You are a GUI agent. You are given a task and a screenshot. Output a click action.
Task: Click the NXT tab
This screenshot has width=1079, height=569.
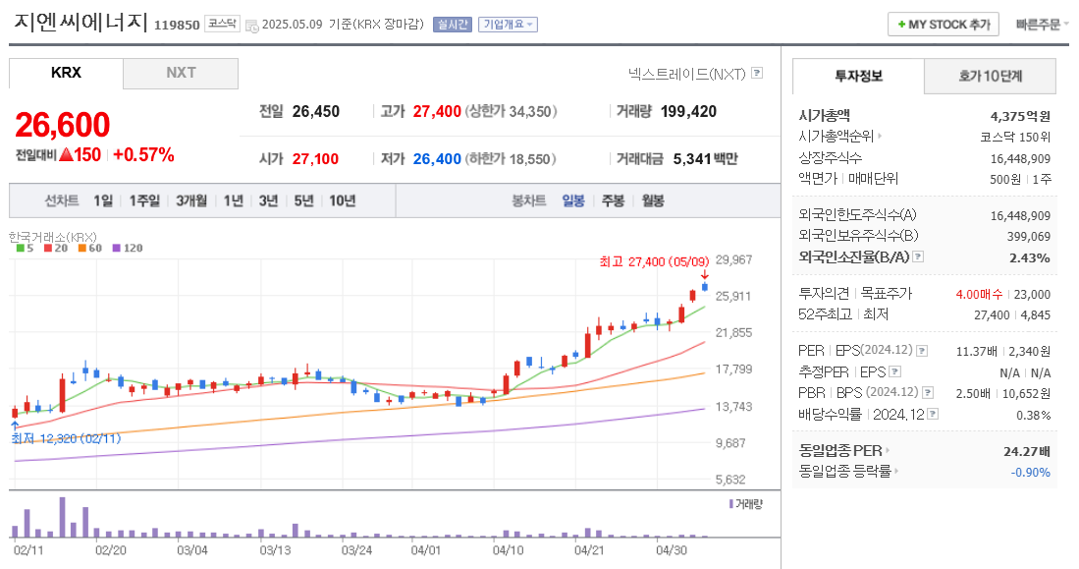pyautogui.click(x=181, y=73)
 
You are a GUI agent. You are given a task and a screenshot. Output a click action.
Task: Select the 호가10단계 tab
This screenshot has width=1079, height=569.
pyautogui.click(x=990, y=76)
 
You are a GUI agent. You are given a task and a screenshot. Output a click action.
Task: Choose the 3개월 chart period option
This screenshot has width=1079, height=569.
pyautogui.click(x=191, y=200)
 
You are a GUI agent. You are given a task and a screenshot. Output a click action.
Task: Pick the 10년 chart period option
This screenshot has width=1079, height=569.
pyautogui.click(x=343, y=200)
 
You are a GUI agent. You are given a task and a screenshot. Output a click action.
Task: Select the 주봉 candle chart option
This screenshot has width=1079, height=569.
pyautogui.click(x=613, y=200)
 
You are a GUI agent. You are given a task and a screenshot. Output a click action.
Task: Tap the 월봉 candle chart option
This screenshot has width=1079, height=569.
pyautogui.click(x=652, y=200)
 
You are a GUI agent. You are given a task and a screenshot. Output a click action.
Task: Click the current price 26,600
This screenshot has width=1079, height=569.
pyautogui.click(x=62, y=125)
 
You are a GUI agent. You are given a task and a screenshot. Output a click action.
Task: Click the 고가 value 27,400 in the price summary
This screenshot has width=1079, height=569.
pyautogui.click(x=437, y=111)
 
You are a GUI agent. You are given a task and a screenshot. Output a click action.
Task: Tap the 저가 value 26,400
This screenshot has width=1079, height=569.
pyautogui.click(x=437, y=158)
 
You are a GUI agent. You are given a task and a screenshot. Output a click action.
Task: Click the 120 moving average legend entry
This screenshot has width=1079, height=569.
pyautogui.click(x=128, y=248)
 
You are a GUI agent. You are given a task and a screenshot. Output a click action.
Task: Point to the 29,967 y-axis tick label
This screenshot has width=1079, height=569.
pyautogui.click(x=733, y=259)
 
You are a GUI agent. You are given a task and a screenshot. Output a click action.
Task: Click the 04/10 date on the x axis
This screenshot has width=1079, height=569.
pyautogui.click(x=508, y=550)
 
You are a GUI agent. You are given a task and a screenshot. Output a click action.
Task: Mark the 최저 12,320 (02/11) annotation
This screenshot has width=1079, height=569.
pyautogui.click(x=66, y=438)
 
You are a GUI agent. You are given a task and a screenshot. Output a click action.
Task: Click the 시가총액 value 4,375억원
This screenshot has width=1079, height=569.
pyautogui.click(x=1020, y=115)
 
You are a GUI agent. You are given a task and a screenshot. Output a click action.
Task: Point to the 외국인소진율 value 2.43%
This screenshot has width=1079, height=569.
pyautogui.click(x=1030, y=257)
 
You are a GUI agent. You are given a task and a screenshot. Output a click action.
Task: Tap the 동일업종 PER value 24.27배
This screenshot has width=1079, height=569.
pyautogui.click(x=1028, y=450)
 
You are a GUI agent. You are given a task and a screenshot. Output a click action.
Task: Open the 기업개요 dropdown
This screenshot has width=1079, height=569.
pyautogui.click(x=508, y=25)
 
